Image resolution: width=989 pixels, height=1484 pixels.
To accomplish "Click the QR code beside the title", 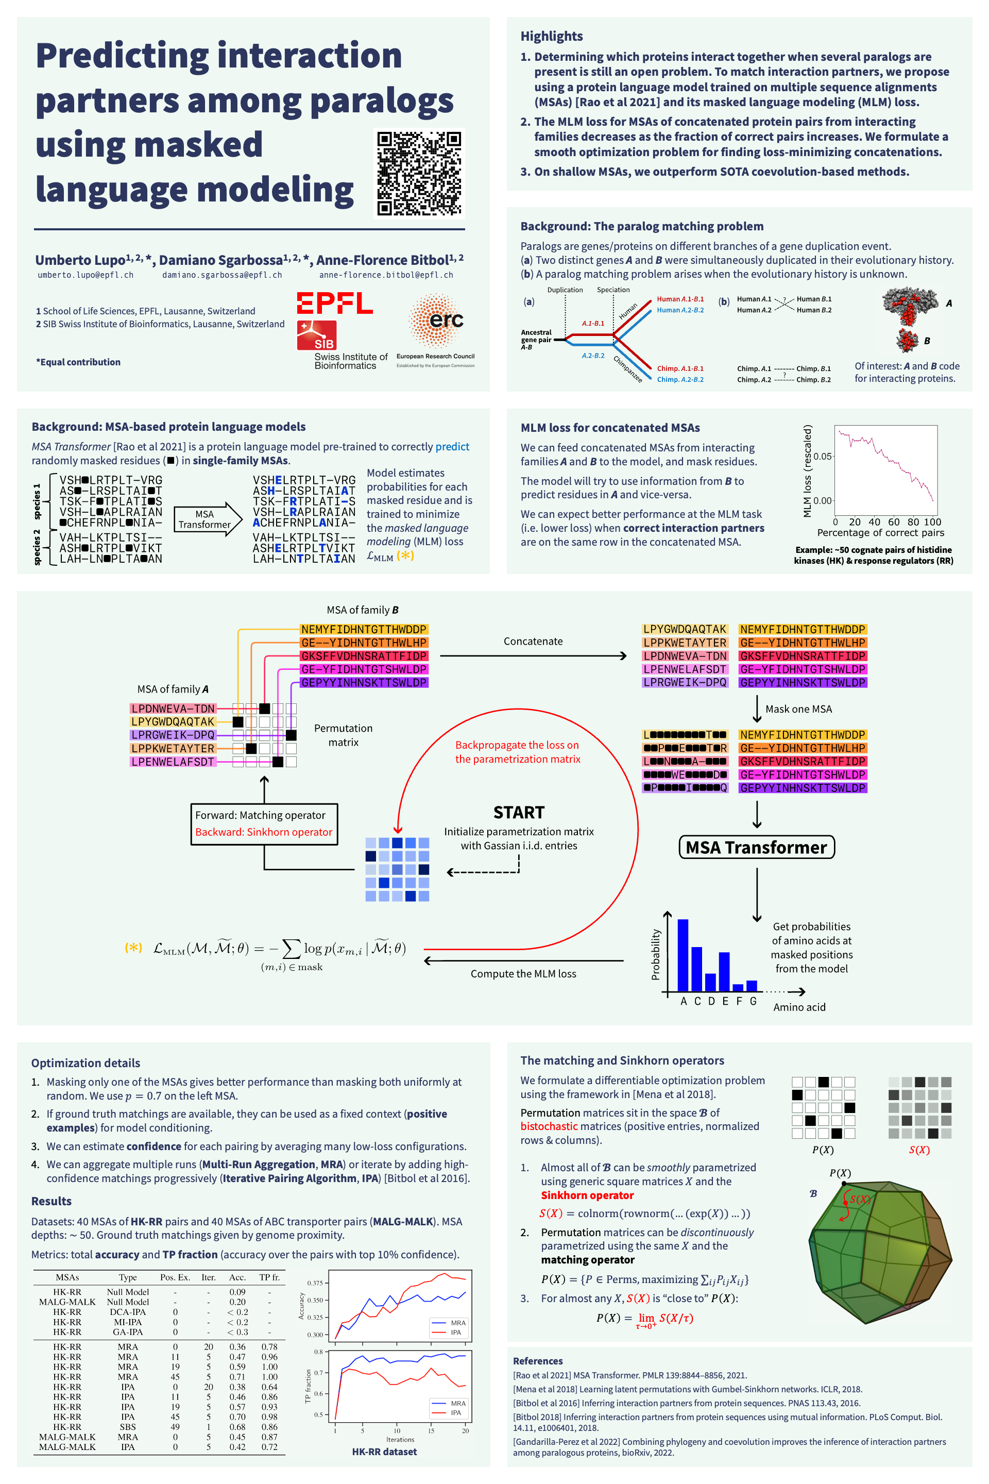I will point(419,173).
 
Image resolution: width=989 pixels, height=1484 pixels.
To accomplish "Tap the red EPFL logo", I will point(334,303).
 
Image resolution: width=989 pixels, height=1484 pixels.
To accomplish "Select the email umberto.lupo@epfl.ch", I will point(86,275).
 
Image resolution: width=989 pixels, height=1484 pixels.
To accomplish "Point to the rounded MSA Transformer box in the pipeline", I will point(756,847).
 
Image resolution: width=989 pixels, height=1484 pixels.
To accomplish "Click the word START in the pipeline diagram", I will point(519,812).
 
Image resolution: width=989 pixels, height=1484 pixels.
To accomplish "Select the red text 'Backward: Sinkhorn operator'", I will point(264,832).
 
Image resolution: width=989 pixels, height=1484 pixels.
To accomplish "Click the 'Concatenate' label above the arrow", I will point(533,641).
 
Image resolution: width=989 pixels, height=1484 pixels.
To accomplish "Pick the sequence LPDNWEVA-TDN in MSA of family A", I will point(173,709).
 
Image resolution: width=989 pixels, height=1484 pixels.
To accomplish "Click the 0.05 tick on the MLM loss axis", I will point(823,456).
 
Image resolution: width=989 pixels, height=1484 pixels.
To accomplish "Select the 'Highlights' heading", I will point(551,36).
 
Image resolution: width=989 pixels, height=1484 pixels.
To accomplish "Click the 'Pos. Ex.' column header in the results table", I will point(175,1277).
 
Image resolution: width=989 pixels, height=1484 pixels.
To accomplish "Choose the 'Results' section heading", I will point(51,1201).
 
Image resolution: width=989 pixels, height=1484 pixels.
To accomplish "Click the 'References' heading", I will point(537,1361).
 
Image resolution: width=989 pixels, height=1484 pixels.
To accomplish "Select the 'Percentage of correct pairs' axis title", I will point(880,532).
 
